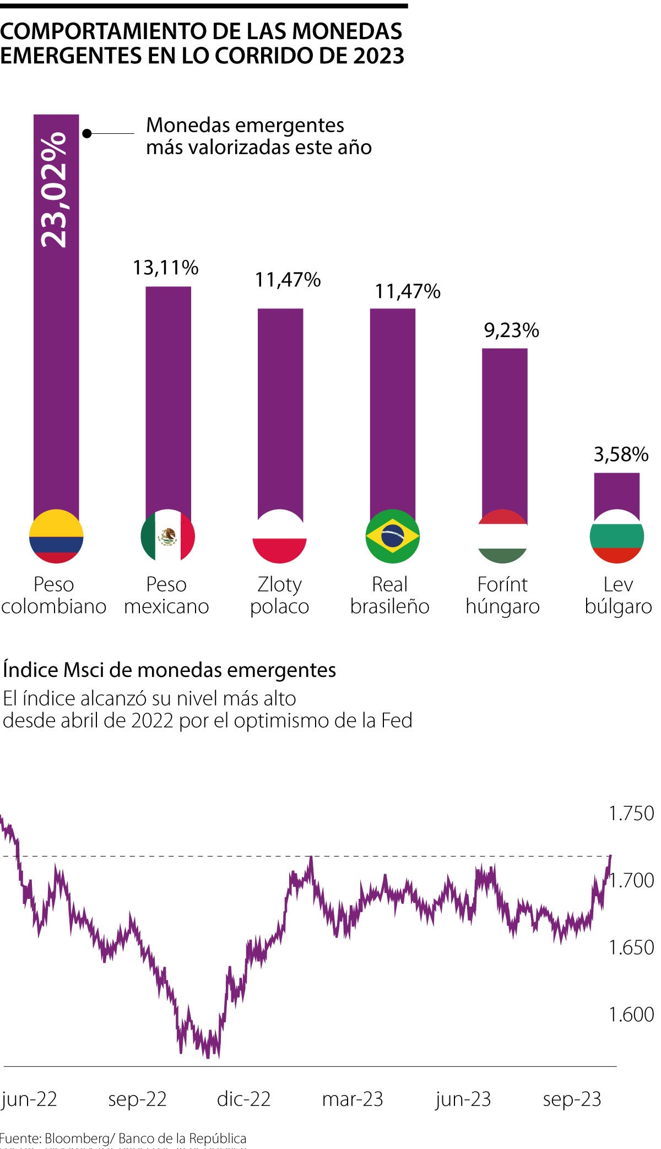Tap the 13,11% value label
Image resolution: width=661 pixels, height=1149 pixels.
coord(165,268)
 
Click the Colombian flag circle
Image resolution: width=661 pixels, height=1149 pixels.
coord(56,536)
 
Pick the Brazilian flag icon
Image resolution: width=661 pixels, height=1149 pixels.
coord(392,536)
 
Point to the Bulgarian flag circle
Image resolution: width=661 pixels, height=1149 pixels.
coord(616,536)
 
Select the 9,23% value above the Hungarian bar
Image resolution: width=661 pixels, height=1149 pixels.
coord(511,330)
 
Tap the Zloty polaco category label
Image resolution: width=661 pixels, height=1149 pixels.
coord(279,595)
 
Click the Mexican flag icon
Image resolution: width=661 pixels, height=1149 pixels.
coord(168,536)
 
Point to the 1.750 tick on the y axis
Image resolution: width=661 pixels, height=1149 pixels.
coord(631,814)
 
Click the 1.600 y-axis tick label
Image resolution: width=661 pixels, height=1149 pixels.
coord(631,1014)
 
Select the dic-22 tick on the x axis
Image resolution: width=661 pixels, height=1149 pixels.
coord(243,1099)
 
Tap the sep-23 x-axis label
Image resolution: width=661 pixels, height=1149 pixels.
coord(572,1099)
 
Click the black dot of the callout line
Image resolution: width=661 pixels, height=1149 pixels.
coord(86,133)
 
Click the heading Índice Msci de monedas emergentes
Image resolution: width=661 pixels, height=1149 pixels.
coord(169,670)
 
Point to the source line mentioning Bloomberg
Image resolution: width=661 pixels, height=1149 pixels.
coord(123,1138)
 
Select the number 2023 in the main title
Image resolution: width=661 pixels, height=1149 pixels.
coord(378,56)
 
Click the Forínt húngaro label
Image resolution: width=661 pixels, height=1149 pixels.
coord(502,595)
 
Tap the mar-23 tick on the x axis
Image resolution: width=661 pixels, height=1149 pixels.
coord(353,1099)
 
